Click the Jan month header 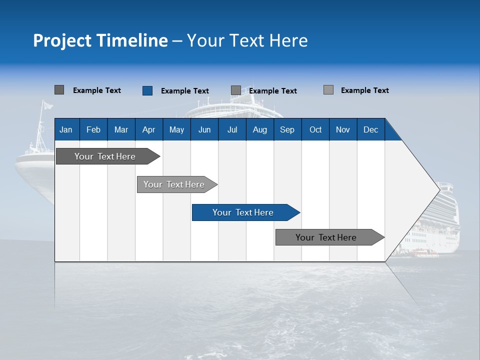[66, 130]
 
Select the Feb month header [93, 130]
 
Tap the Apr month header [149, 130]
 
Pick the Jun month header [204, 130]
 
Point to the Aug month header [260, 130]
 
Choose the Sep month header [287, 130]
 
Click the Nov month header [343, 130]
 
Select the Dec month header [371, 130]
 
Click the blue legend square [147, 90]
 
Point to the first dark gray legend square [59, 90]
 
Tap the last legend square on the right [328, 90]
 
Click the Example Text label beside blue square [185, 91]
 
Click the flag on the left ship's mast [47, 105]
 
